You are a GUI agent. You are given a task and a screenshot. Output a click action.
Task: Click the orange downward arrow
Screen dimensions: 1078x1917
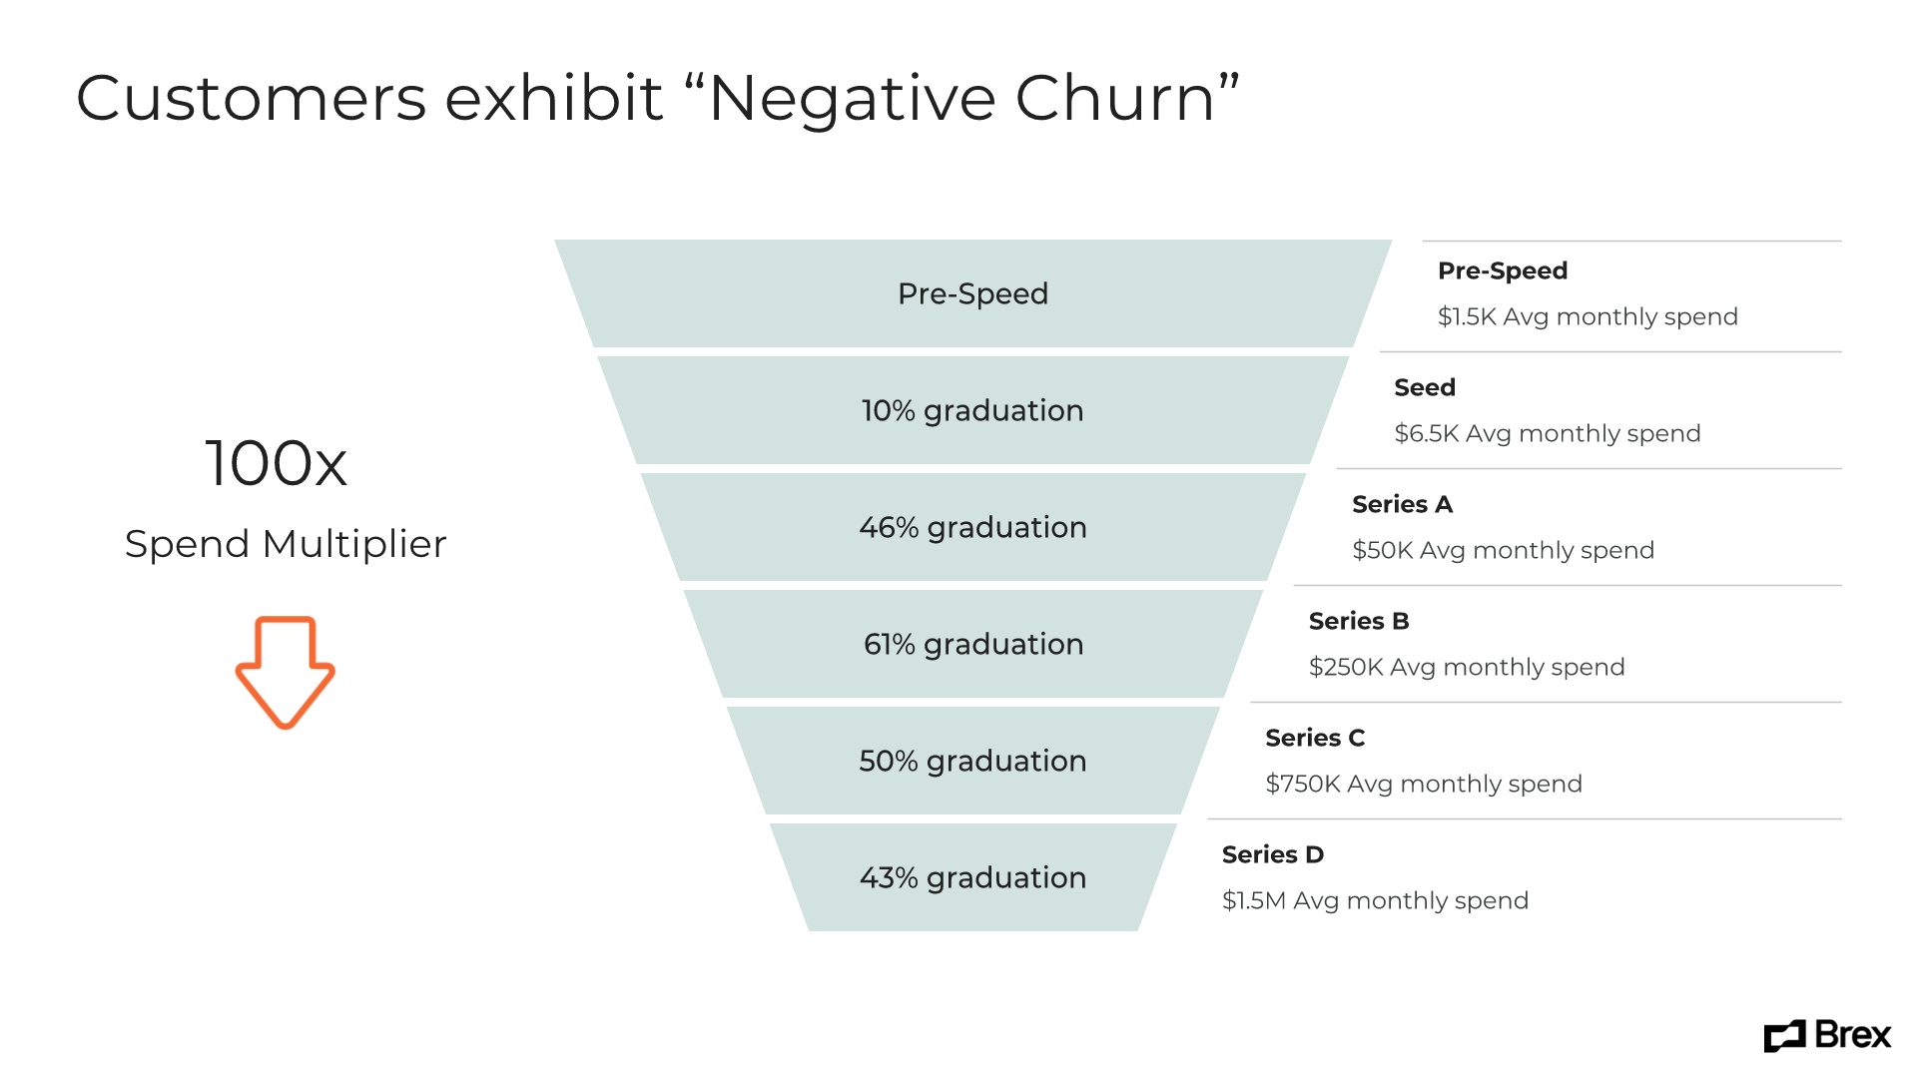point(285,672)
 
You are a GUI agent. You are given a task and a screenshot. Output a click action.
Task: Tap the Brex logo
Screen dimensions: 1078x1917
point(1827,1036)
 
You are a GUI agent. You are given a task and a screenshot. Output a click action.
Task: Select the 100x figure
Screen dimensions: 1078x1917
point(276,463)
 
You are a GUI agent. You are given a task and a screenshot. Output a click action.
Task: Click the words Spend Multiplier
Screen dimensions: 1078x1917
point(286,544)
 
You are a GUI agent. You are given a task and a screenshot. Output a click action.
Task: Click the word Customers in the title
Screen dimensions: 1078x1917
point(251,99)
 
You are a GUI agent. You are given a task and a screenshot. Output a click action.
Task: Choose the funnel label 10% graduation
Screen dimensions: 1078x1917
point(972,410)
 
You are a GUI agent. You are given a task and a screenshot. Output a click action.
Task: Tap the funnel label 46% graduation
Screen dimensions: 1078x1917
point(972,527)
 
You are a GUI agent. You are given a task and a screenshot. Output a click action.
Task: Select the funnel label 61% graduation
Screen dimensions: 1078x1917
point(972,644)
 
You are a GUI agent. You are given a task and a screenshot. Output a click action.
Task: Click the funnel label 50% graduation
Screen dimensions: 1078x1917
point(972,761)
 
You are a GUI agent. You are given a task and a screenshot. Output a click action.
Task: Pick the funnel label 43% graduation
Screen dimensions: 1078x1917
point(972,877)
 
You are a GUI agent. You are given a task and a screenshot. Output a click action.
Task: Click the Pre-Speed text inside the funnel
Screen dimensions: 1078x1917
point(972,293)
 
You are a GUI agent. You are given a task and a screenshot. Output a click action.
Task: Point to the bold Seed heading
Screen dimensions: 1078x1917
point(1425,387)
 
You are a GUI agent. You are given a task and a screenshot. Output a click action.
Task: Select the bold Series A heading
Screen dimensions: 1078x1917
point(1402,504)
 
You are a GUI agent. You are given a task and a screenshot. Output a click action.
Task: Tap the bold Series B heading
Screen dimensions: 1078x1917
point(1359,621)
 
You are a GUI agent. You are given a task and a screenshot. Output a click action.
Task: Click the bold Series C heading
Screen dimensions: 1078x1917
point(1315,738)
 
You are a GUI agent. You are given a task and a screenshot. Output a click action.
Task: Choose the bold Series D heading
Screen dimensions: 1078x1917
point(1273,854)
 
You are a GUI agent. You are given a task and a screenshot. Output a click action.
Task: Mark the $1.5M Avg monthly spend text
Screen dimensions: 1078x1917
point(1375,900)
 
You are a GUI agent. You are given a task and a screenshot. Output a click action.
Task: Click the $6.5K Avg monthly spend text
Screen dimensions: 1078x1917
point(1547,433)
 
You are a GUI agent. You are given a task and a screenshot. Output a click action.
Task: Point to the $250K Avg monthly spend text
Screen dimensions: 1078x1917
point(1467,667)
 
